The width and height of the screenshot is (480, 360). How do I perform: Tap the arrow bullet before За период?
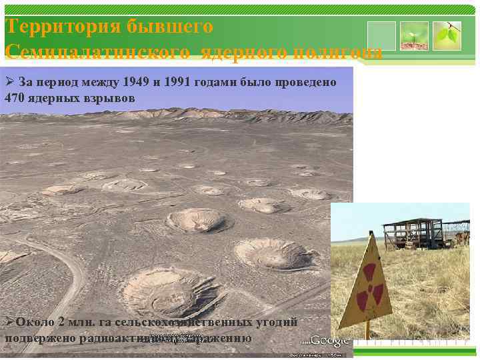[9, 83]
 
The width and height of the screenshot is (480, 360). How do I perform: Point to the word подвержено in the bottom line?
[40, 337]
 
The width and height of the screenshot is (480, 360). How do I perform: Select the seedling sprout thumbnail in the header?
[414, 36]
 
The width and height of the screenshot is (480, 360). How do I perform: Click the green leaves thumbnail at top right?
[447, 36]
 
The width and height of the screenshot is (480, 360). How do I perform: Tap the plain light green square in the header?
[381, 36]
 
